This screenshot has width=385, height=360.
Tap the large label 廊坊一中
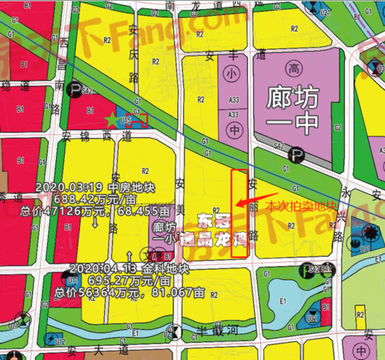[298, 113]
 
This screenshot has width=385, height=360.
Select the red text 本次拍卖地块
[300, 206]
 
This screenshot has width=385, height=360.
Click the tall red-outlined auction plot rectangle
[239, 204]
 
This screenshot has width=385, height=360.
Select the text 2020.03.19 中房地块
[80, 187]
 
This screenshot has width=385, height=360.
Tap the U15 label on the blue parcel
[123, 120]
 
